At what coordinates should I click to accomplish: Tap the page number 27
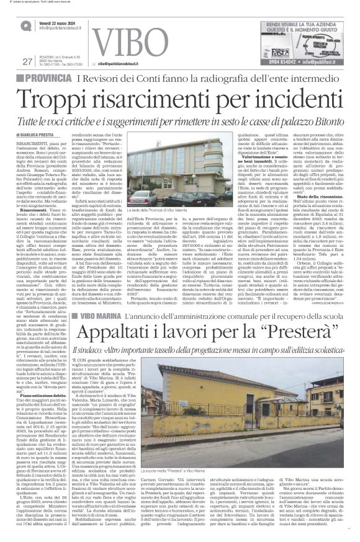pos(27,61)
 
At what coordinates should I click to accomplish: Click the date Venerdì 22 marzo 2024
pos(61,22)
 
